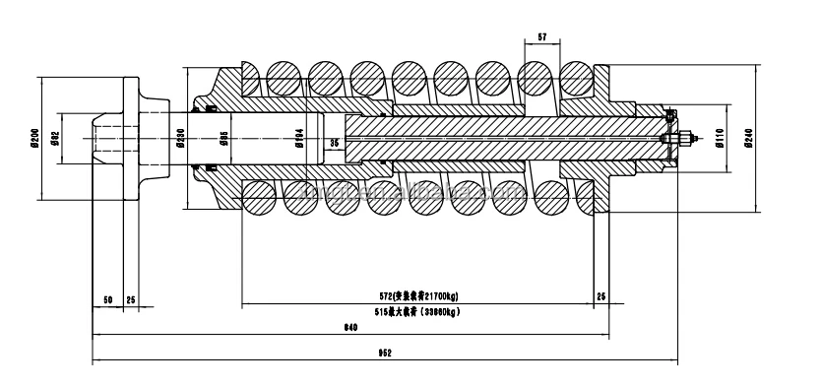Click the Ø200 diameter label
click(x=33, y=139)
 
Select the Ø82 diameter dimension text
click(x=57, y=139)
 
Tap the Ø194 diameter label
click(x=299, y=139)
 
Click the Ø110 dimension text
click(x=720, y=139)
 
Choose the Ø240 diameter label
click(x=748, y=139)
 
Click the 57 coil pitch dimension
click(x=541, y=37)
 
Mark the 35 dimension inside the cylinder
click(x=334, y=144)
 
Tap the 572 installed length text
click(x=417, y=295)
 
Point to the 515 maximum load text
click(x=417, y=312)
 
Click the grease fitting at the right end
click(x=681, y=139)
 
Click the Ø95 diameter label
click(x=223, y=139)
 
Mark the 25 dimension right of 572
click(x=601, y=296)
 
